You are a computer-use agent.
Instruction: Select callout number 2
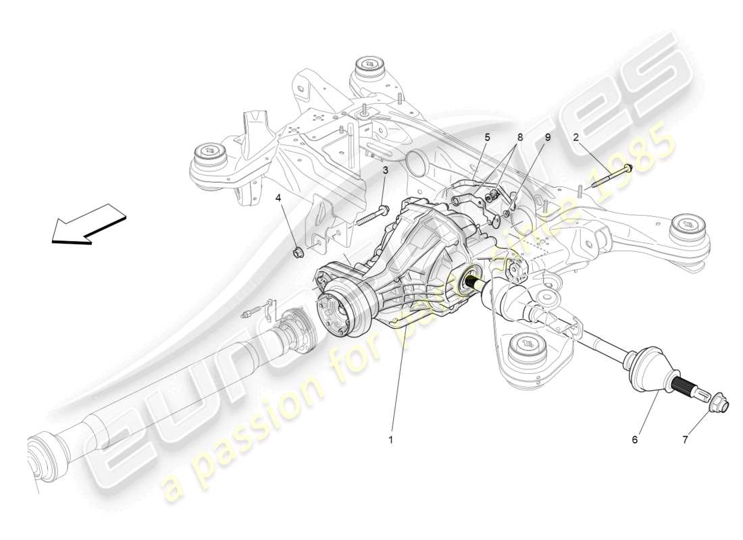coord(575,137)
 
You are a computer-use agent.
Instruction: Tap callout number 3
coord(386,171)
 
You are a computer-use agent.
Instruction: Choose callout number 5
coord(486,137)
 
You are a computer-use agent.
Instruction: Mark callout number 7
coord(685,439)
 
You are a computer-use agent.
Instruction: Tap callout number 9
coord(547,137)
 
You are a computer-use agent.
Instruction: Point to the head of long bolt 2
coord(628,168)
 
